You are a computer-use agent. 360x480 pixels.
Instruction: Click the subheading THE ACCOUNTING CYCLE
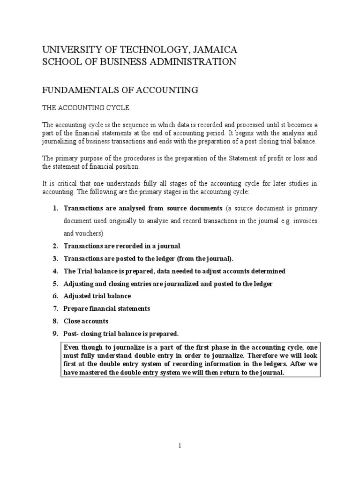click(x=86, y=108)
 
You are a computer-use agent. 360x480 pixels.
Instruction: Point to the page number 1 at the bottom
click(x=180, y=446)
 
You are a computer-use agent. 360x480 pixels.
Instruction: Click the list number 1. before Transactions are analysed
click(x=55, y=208)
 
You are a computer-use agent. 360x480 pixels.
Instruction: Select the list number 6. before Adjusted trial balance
click(x=55, y=296)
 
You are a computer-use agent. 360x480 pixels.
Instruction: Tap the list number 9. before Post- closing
click(x=55, y=334)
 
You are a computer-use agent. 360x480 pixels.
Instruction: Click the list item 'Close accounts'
click(x=86, y=321)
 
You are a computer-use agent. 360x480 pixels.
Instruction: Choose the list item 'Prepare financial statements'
click(x=107, y=308)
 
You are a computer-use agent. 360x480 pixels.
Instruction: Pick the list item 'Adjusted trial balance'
click(x=97, y=296)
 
